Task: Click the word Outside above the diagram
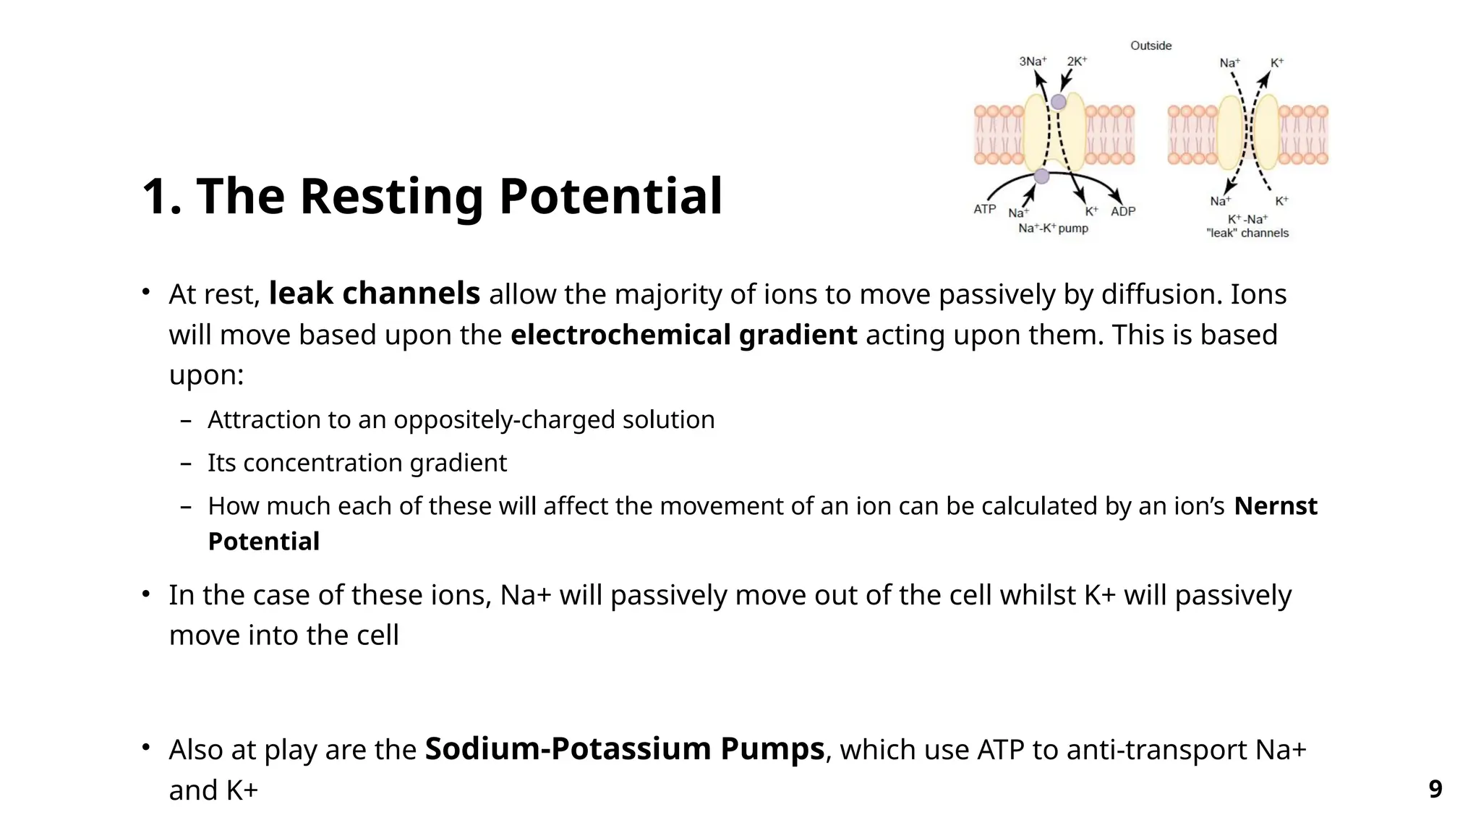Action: click(1151, 46)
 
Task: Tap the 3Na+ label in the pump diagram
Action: click(1033, 61)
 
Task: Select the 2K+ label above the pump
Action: click(1077, 61)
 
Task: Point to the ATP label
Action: click(984, 209)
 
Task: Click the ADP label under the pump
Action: click(1123, 211)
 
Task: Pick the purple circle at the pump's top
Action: click(1058, 102)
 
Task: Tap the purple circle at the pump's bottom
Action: click(1041, 176)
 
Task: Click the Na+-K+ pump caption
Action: click(1053, 228)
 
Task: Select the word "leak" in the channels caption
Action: click(1221, 233)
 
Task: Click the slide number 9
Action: click(1435, 788)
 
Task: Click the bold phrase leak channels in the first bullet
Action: click(374, 294)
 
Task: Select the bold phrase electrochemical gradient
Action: click(683, 335)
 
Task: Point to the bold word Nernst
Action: click(1276, 505)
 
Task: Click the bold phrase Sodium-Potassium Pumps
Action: click(624, 749)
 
